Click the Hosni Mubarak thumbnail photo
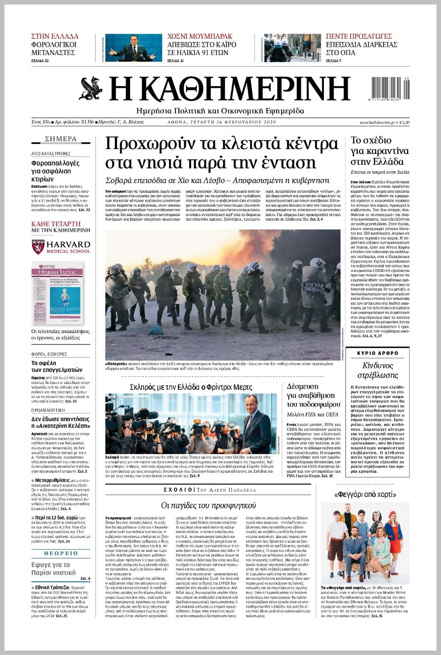click(x=133, y=48)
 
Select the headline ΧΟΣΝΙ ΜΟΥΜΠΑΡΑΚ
click(x=200, y=36)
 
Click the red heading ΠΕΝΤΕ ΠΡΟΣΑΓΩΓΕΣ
click(x=359, y=36)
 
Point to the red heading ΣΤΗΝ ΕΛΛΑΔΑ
click(x=55, y=36)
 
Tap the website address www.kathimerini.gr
click(x=377, y=122)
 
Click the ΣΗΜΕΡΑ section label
click(x=61, y=139)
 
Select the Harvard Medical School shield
click(x=38, y=247)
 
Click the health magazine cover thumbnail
click(x=57, y=293)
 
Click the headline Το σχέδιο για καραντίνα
click(x=379, y=151)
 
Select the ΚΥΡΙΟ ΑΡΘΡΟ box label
click(x=378, y=353)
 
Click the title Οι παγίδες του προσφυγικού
click(x=208, y=505)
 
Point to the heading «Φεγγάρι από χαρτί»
click(x=365, y=495)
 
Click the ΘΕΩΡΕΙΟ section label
click(x=61, y=553)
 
